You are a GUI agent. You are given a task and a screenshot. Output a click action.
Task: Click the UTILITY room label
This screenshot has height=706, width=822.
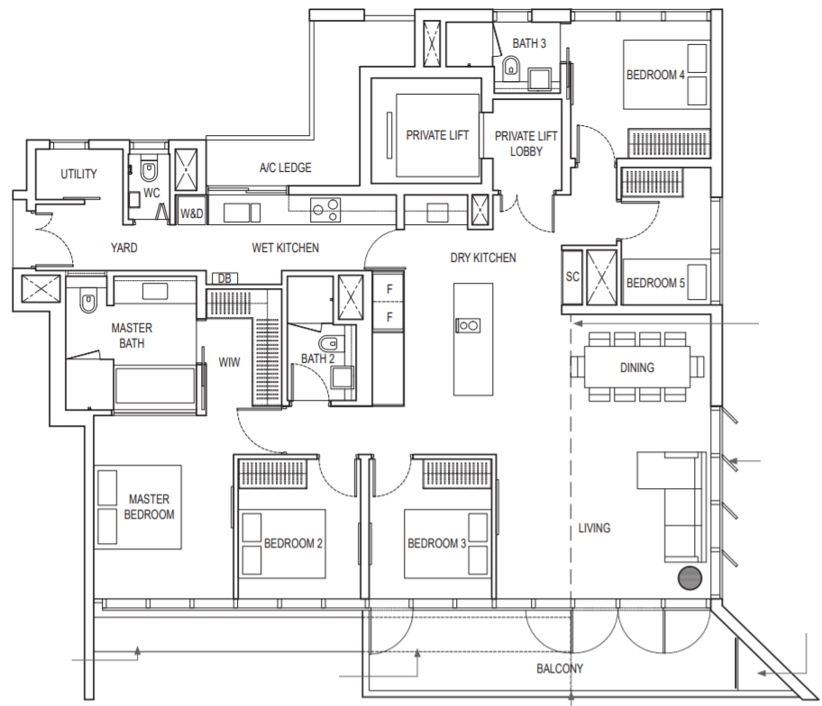point(78,174)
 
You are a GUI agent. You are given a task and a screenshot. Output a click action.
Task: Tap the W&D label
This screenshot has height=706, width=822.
point(192,213)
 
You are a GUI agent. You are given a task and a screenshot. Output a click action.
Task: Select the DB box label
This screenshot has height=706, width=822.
point(224,278)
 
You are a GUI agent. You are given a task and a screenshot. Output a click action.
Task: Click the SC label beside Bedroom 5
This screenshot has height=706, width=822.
point(572,276)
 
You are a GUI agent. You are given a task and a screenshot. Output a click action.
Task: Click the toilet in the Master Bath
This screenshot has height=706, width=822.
point(87,303)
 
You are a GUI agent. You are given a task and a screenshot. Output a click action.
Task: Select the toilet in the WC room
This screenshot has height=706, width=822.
point(149,171)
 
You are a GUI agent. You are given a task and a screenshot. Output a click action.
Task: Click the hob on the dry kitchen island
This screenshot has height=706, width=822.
point(468,326)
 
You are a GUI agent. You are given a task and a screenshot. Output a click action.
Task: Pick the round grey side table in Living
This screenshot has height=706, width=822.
point(690,578)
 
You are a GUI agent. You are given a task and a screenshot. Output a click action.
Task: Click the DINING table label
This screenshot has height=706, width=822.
point(637,367)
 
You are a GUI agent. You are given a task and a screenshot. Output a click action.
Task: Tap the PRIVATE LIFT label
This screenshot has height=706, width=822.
point(437,136)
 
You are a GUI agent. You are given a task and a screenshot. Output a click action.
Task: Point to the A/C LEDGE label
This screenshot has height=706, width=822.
point(285,167)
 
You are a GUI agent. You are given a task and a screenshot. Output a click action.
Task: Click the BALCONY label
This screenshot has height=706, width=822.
point(560,669)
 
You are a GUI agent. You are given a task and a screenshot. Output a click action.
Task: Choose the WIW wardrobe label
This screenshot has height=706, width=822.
point(229,362)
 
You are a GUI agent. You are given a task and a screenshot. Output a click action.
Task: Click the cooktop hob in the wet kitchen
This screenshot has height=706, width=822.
point(325,210)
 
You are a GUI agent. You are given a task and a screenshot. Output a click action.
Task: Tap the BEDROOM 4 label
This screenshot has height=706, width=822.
point(655,76)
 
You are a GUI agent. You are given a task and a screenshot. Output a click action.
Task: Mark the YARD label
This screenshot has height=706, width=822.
point(123,248)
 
